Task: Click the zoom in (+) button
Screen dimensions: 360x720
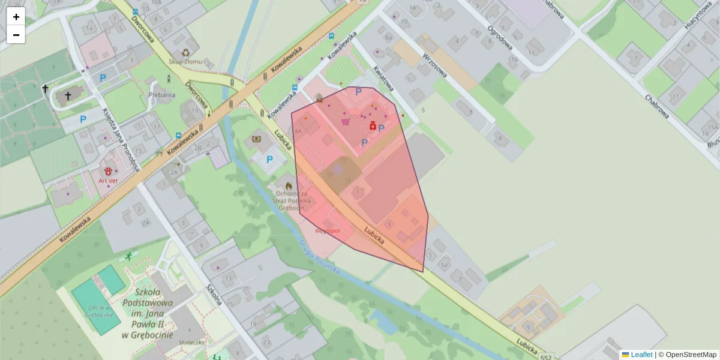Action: [16, 17]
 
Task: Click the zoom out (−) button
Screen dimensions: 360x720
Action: [16, 35]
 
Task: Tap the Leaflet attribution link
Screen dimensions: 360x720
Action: [641, 355]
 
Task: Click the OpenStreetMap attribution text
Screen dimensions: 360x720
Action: [687, 355]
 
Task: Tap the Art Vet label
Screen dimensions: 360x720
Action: [108, 180]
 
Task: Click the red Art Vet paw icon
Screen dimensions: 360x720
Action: [108, 171]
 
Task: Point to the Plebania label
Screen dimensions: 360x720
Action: [163, 95]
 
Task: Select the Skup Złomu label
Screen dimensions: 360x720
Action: [185, 62]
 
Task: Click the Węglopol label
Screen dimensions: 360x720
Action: [328, 230]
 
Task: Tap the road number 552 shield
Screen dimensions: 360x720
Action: [545, 356]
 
